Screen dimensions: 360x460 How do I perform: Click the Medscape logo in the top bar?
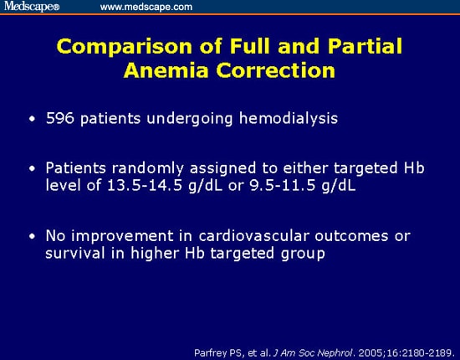pyautogui.click(x=31, y=7)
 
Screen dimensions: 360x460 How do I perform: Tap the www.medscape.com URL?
pyautogui.click(x=146, y=7)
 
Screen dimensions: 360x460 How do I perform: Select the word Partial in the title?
pyautogui.click(x=355, y=48)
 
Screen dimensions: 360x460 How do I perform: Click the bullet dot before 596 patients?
pyautogui.click(x=32, y=119)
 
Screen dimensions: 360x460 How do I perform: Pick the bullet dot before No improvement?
pyautogui.click(x=32, y=237)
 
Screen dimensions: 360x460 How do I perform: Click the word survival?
pyautogui.click(x=77, y=253)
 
